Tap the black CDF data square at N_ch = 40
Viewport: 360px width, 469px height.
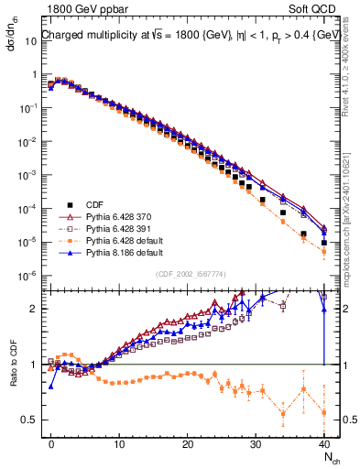click(x=323, y=243)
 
